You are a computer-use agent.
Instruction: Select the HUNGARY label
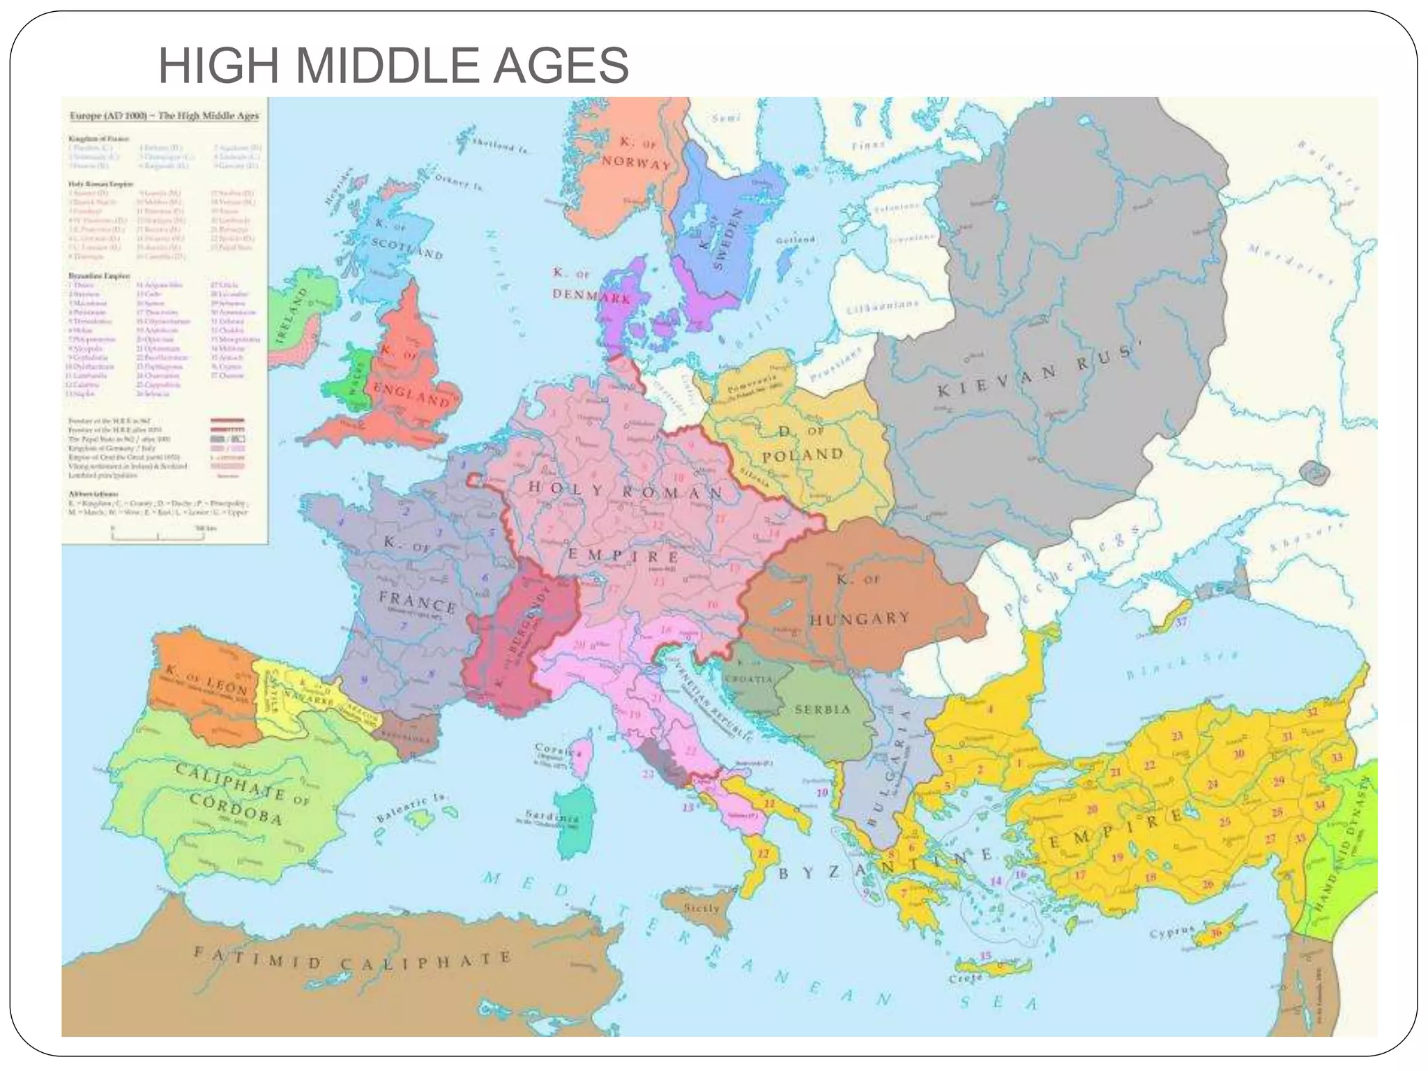[859, 619]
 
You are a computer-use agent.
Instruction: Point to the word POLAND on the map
[803, 455]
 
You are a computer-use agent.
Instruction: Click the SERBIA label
[823, 709]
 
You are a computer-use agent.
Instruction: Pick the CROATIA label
[748, 678]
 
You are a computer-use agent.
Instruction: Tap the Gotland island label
[795, 240]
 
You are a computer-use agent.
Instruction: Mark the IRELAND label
[291, 313]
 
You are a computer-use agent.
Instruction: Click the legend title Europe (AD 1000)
[108, 116]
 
